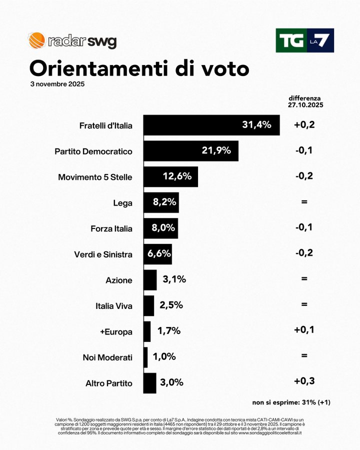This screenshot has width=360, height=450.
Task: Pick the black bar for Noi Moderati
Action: (145, 357)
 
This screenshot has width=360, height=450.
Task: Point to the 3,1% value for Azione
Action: (174, 279)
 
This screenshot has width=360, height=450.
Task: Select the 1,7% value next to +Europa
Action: (168, 331)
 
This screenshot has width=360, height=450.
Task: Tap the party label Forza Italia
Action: (111, 228)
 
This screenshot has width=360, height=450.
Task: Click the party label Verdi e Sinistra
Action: (102, 254)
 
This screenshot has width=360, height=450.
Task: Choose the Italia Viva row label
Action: (113, 306)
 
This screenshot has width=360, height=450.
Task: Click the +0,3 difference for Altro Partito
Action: (304, 381)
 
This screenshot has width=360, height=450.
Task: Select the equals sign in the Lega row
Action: (304, 202)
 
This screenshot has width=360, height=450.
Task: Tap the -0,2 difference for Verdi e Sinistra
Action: (304, 253)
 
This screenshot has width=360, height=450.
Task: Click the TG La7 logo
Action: (304, 40)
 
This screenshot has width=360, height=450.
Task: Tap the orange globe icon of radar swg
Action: (36, 40)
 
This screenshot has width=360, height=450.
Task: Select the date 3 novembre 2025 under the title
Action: (57, 84)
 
